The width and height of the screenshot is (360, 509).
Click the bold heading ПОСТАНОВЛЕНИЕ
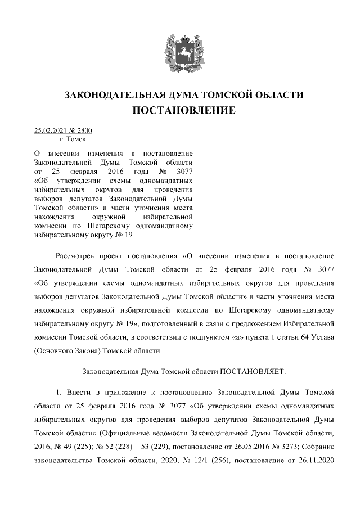pyautogui.click(x=184, y=111)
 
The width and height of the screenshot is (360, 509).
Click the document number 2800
pyautogui.click(x=84, y=131)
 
